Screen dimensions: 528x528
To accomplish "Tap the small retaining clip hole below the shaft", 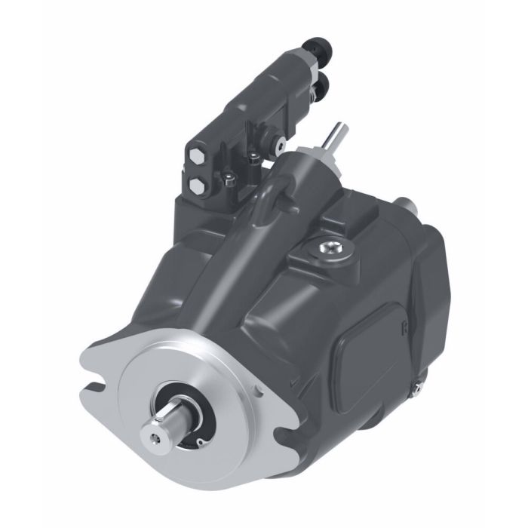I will click(201, 442).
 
